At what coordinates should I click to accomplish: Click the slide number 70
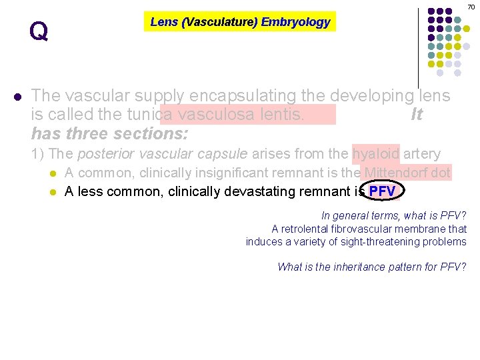pos(471,6)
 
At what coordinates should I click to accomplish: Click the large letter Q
pos(39,31)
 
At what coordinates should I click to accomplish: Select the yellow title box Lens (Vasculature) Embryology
pos(240,22)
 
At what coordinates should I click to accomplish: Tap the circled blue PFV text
pos(382,192)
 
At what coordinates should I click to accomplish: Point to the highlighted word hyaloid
pos(376,154)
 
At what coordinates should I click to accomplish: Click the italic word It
pos(417,115)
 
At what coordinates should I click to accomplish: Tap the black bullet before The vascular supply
pos(17,97)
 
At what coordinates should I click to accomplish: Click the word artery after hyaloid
pos(422,154)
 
